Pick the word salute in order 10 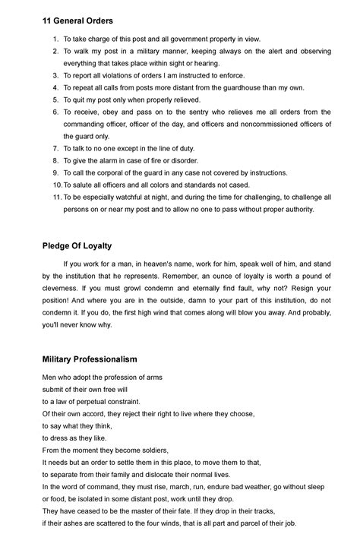(84, 185)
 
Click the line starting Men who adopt (102, 377)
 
